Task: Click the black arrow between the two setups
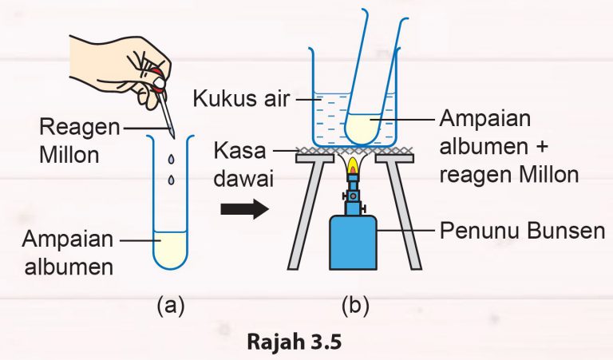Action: coord(243,209)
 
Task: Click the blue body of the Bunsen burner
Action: coord(352,244)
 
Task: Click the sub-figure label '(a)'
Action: coord(172,305)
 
